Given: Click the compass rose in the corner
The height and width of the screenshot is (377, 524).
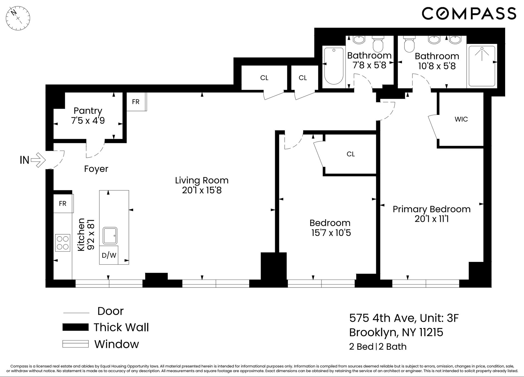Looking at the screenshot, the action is tap(18, 18).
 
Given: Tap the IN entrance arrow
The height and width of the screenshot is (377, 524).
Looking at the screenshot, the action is tap(38, 160).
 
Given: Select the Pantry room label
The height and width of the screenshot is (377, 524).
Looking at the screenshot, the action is tap(88, 111).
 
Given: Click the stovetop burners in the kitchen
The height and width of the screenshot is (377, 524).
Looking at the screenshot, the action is tap(62, 243).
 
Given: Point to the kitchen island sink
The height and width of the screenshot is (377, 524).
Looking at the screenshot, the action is tap(110, 236).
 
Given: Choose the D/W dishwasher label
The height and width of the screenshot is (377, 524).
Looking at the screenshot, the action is tap(109, 255).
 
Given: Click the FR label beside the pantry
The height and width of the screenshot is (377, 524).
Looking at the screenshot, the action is tap(136, 102).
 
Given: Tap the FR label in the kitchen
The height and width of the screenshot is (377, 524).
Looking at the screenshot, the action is tap(62, 204).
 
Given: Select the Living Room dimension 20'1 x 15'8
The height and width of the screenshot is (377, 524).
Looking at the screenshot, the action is tap(202, 190).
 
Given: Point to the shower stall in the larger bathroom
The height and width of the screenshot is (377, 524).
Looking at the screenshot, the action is tap(482, 66).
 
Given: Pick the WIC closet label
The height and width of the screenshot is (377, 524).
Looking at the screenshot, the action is tap(461, 119).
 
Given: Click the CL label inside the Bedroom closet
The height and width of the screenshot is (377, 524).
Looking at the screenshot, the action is tap(351, 154).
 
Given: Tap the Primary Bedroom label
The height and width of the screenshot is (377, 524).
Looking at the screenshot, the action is tap(431, 209).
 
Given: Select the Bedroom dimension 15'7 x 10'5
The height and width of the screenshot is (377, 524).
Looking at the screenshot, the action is tap(331, 233).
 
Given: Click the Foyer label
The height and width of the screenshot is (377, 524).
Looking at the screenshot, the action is tap(96, 169).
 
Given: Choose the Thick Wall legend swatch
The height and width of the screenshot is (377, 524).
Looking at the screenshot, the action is tap(75, 327).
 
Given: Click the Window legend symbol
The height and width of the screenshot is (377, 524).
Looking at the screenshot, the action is tap(75, 344).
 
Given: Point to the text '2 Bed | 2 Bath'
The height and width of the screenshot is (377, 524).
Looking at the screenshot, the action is tap(378, 346).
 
